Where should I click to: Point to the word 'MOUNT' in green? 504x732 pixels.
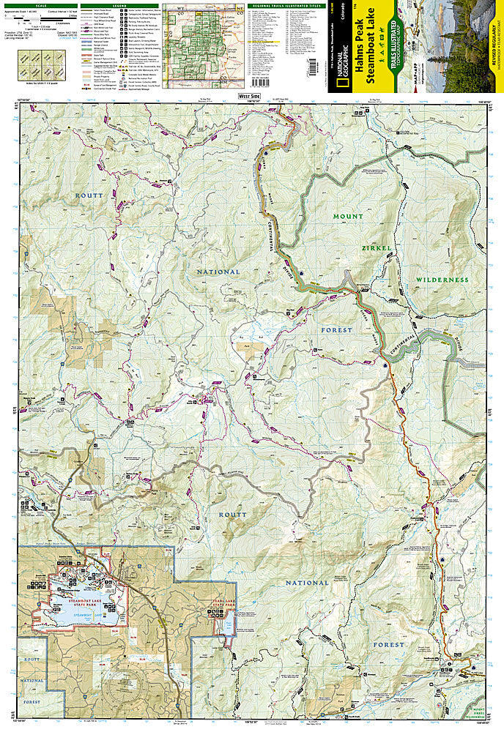click(x=348, y=217)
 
